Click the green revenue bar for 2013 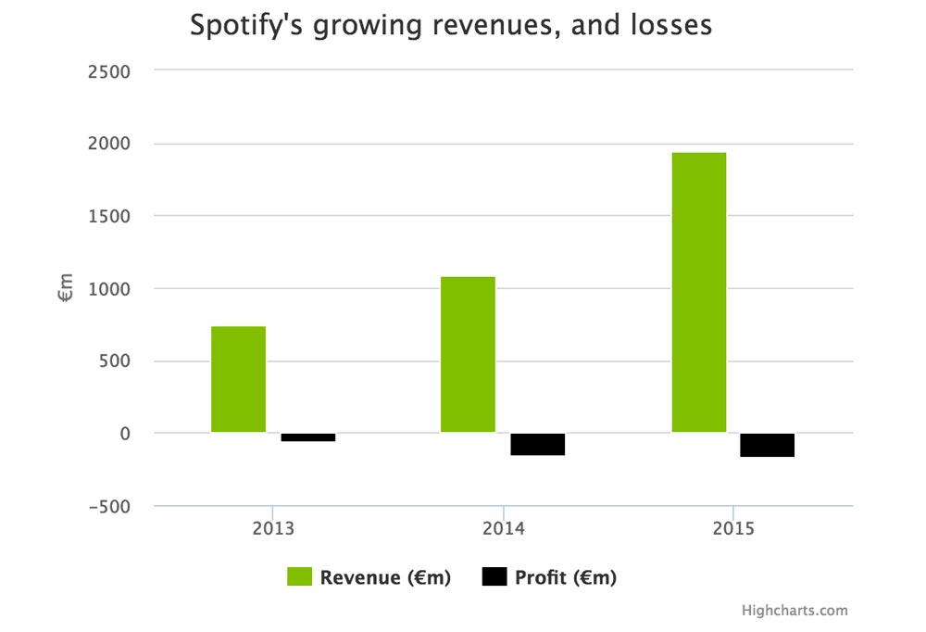(238, 379)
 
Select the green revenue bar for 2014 (468, 354)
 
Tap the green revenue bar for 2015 (698, 292)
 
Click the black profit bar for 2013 (308, 436)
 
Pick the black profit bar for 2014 (537, 444)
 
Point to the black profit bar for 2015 (767, 445)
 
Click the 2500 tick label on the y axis (107, 71)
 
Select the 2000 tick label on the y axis (107, 144)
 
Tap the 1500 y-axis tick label (108, 216)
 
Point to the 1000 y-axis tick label (108, 289)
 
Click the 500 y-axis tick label (114, 361)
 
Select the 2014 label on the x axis (503, 529)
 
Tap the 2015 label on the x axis (732, 529)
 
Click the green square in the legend (298, 577)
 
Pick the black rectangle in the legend (494, 577)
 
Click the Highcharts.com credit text (795, 610)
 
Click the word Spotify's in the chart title (246, 25)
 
